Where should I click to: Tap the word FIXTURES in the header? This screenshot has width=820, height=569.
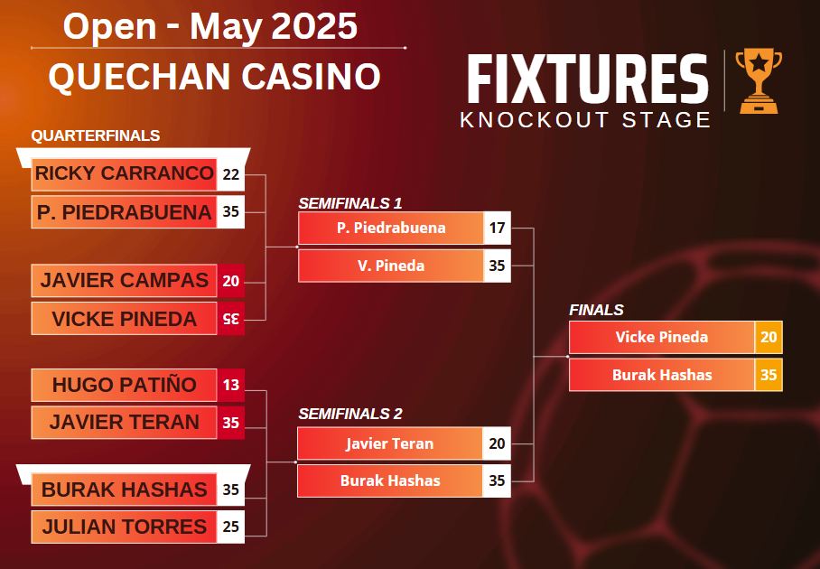point(588,79)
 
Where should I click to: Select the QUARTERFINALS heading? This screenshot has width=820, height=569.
point(96,136)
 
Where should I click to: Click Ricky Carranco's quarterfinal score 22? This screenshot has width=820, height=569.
point(230,174)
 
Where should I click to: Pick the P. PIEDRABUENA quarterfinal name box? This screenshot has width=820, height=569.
point(124,212)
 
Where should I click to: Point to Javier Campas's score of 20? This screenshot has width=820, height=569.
point(230,281)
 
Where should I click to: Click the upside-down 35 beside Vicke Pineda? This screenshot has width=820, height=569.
point(230,319)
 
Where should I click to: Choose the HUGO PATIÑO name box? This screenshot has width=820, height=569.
point(124,385)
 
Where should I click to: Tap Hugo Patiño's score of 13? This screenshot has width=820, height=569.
point(230,385)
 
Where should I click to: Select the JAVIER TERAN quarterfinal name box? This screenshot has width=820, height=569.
point(124,423)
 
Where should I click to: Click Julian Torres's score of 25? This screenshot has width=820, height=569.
point(230,527)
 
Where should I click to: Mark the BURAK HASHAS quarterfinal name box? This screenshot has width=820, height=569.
point(124,490)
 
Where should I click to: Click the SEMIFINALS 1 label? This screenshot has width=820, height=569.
point(350,203)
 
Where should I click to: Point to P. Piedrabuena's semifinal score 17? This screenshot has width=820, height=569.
point(497,228)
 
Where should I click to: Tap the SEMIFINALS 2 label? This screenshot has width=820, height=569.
point(350,415)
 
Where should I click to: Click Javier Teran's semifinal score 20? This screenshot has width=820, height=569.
point(497,443)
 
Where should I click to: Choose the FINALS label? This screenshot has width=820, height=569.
point(596,310)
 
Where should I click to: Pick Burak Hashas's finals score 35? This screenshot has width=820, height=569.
point(769,375)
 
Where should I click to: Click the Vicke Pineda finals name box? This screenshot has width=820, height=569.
point(662,337)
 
